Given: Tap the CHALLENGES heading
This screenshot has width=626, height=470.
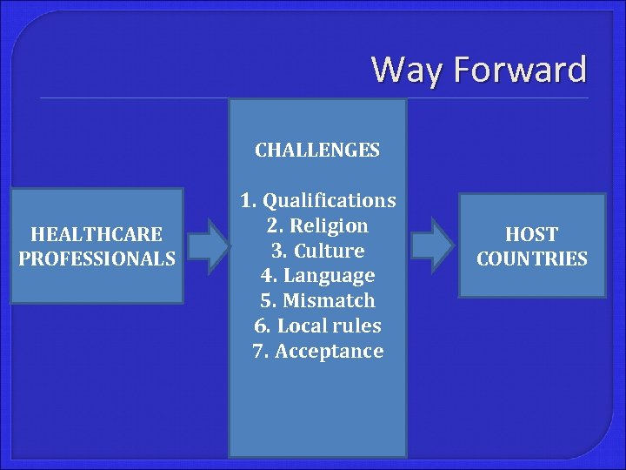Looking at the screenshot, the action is point(317,150).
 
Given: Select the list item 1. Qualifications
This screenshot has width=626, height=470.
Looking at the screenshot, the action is point(318,201).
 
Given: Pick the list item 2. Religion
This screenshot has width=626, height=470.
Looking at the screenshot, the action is point(318,226).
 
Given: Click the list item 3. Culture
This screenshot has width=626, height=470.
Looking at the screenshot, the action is point(318,252).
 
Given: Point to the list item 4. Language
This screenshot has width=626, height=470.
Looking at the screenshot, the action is point(318,277).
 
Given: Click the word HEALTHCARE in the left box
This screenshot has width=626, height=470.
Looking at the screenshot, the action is point(97,234).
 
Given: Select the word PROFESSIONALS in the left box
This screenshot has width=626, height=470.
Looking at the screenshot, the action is point(97,259).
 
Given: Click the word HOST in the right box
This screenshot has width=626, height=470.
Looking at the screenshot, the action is point(532,234).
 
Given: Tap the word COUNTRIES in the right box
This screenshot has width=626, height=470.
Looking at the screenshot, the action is point(532,259).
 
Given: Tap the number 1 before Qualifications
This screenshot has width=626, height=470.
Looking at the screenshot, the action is point(246,201).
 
